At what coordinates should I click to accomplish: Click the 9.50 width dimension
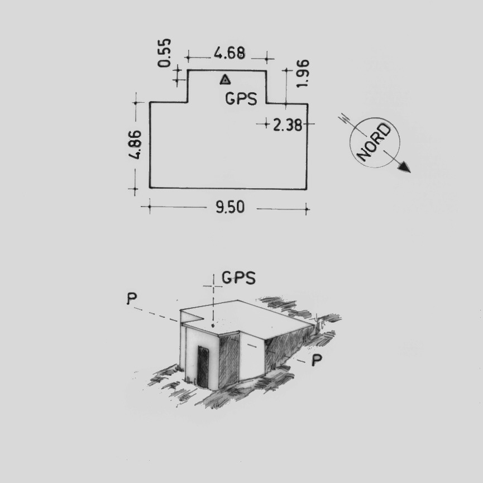pyautogui.click(x=230, y=207)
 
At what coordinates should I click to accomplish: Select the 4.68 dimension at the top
pyautogui.click(x=230, y=53)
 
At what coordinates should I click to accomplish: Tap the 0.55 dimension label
pyautogui.click(x=164, y=52)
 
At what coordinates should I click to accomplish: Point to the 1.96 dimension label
pyautogui.click(x=303, y=73)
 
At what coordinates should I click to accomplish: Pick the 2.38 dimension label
pyautogui.click(x=288, y=126)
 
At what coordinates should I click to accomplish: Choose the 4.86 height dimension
pyautogui.click(x=135, y=145)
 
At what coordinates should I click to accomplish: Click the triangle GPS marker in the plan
pyautogui.click(x=226, y=80)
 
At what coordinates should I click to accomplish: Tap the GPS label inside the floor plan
pyautogui.click(x=241, y=99)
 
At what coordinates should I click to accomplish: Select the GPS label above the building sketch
pyautogui.click(x=238, y=278)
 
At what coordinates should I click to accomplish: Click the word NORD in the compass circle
pyautogui.click(x=374, y=142)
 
